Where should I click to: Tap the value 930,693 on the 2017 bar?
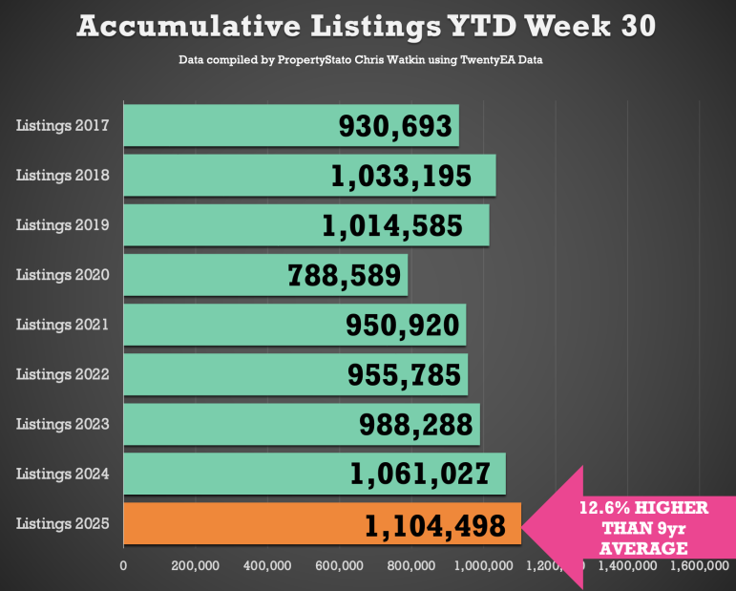pos(398,126)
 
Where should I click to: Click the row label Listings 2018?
pos(63,176)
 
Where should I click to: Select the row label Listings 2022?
pos(63,374)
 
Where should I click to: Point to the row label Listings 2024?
pos(63,474)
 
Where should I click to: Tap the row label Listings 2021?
pos(63,325)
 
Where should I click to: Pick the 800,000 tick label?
pos(411,566)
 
